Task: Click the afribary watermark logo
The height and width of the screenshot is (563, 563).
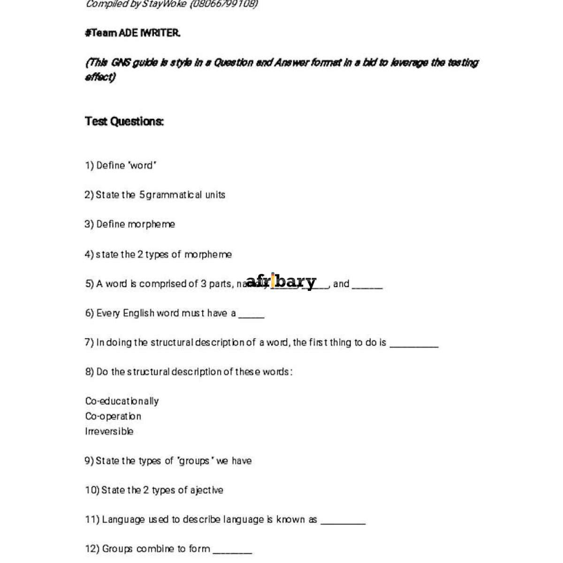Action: click(x=281, y=281)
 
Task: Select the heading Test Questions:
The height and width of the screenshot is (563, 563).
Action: click(x=124, y=122)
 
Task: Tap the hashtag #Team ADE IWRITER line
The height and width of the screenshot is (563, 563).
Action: click(x=132, y=33)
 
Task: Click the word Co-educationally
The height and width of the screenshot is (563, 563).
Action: click(x=122, y=401)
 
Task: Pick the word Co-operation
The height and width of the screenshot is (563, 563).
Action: click(x=113, y=416)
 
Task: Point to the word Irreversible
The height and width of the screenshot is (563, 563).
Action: click(x=109, y=431)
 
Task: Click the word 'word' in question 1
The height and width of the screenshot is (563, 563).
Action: click(x=141, y=166)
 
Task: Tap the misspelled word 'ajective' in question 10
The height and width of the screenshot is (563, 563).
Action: click(x=206, y=490)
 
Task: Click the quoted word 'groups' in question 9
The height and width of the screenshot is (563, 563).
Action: click(x=194, y=461)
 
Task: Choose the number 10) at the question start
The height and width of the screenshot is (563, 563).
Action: click(x=92, y=490)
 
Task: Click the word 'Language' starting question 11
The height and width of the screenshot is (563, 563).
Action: click(x=123, y=520)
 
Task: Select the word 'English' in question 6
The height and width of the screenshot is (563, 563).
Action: click(x=138, y=313)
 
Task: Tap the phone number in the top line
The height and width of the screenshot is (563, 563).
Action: click(x=224, y=4)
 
